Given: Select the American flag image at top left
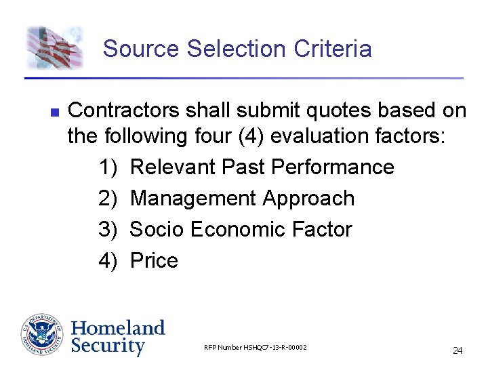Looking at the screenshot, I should (x=54, y=47).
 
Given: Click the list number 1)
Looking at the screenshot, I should (x=108, y=167).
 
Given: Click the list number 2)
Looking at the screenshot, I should (x=108, y=199).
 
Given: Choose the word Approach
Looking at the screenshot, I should (x=308, y=199).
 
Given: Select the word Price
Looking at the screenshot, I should (x=154, y=261).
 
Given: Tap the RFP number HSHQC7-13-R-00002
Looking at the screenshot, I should (x=256, y=348).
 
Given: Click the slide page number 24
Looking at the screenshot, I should (x=457, y=350).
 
